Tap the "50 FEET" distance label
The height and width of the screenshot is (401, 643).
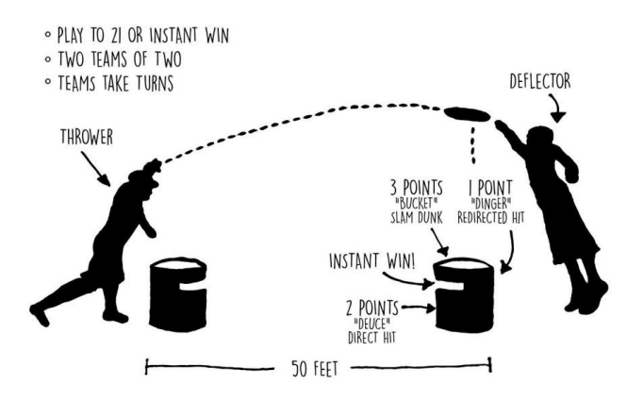pyautogui.click(x=317, y=366)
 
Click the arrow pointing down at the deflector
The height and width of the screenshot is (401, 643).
pyautogui.click(x=559, y=112)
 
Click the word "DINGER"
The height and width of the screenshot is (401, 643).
pyautogui.click(x=499, y=203)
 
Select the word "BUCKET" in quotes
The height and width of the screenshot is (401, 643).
pyautogui.click(x=419, y=203)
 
